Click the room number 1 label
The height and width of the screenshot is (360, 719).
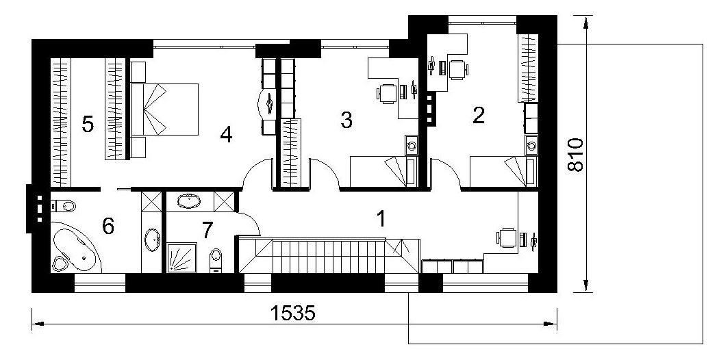click(x=380, y=219)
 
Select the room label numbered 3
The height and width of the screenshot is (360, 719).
click(x=346, y=120)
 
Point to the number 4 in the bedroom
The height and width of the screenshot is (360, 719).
click(x=226, y=135)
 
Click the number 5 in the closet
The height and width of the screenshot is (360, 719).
click(x=88, y=125)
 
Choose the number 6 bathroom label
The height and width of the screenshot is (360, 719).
click(x=108, y=226)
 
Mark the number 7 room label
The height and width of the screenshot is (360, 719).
click(x=207, y=230)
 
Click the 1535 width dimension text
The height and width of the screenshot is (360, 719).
click(x=293, y=313)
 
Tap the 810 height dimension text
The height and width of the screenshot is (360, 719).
click(x=575, y=154)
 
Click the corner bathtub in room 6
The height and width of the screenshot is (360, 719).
click(x=75, y=248)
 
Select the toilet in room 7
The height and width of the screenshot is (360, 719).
click(x=215, y=260)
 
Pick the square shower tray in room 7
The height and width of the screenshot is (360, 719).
click(x=181, y=258)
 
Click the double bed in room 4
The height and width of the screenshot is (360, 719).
click(x=164, y=109)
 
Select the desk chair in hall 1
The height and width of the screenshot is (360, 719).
click(x=506, y=237)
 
